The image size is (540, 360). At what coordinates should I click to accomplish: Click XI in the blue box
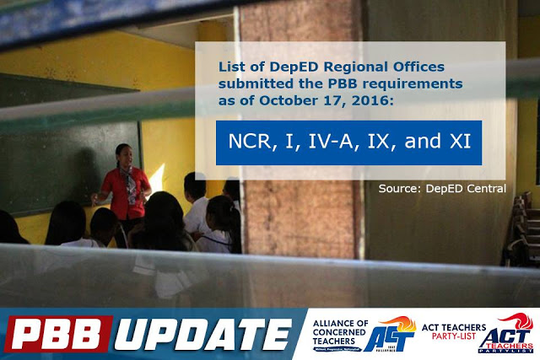[x=459, y=142]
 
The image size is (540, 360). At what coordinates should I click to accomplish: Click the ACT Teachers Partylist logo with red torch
[x=511, y=333]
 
